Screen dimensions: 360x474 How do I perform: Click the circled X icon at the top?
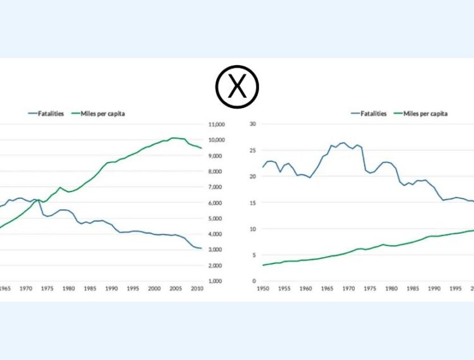(x=237, y=87)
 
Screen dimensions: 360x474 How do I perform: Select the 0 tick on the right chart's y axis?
(x=253, y=281)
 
